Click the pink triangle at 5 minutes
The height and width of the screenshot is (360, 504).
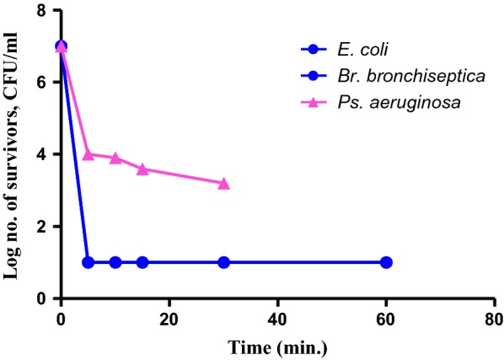tap(88, 153)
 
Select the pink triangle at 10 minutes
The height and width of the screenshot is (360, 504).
tap(115, 158)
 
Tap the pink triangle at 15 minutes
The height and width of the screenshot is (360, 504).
tap(142, 169)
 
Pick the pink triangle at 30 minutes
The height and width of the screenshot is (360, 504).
tap(223, 183)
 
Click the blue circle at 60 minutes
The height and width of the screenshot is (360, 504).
tap(386, 262)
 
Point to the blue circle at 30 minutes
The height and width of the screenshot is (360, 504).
tap(223, 262)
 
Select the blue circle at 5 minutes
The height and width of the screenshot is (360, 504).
tap(88, 262)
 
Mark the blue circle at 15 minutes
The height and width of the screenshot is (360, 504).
tap(142, 262)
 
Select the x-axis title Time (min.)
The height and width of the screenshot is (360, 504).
tap(278, 345)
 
